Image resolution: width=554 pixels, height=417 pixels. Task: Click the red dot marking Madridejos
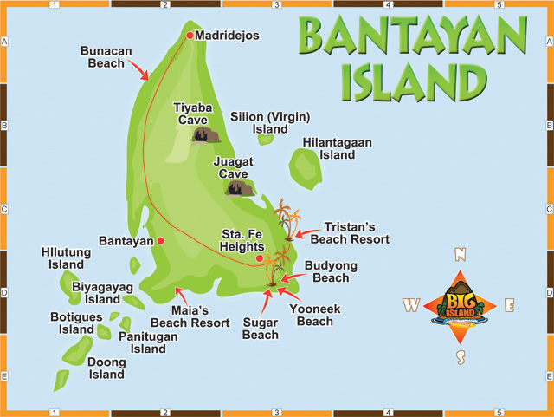(x=190, y=36)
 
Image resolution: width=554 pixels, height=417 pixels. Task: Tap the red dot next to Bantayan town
(x=160, y=240)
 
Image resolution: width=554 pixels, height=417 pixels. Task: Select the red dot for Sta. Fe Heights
(x=260, y=257)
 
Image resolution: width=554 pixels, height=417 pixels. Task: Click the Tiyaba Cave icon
(x=206, y=135)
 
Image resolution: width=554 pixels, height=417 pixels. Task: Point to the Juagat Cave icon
(x=239, y=188)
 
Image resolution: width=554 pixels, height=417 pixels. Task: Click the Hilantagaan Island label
(x=329, y=148)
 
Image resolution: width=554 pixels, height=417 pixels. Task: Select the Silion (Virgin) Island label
(x=270, y=123)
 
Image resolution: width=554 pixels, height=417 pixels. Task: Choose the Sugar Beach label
(x=260, y=329)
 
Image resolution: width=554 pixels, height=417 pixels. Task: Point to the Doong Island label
(x=106, y=368)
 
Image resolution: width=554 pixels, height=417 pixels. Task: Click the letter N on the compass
(x=461, y=254)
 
